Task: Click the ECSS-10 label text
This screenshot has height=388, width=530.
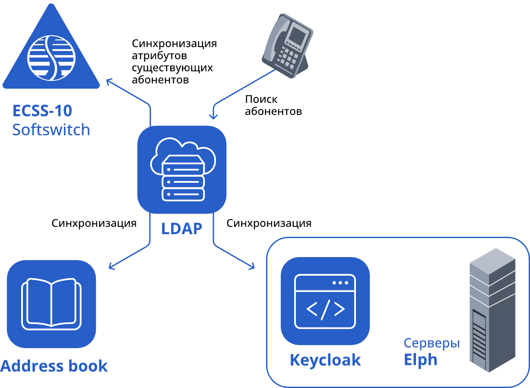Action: tap(42, 111)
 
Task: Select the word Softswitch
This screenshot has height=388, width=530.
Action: tap(51, 130)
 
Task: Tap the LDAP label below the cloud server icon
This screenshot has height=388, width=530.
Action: tap(181, 228)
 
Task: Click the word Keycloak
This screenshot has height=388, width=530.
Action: tap(325, 360)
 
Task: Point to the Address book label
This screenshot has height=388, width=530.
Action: tap(54, 366)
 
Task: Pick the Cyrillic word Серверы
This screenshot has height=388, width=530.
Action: tap(432, 343)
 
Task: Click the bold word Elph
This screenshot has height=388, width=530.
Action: tap(420, 360)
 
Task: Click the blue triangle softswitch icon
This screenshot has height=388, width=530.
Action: tap(51, 52)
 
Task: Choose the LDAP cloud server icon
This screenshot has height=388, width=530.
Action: tap(182, 169)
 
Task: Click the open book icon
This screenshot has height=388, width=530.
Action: tap(51, 304)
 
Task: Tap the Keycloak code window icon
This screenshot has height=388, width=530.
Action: tap(325, 301)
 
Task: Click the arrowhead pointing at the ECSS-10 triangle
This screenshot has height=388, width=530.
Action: tap(108, 81)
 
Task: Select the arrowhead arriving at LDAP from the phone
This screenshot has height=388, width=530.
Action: tap(213, 116)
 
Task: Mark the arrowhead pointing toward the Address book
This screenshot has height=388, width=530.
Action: tap(111, 267)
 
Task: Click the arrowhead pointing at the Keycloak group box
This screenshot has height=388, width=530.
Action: tap(252, 267)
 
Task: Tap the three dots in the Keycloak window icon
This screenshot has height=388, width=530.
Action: tap(340, 283)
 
